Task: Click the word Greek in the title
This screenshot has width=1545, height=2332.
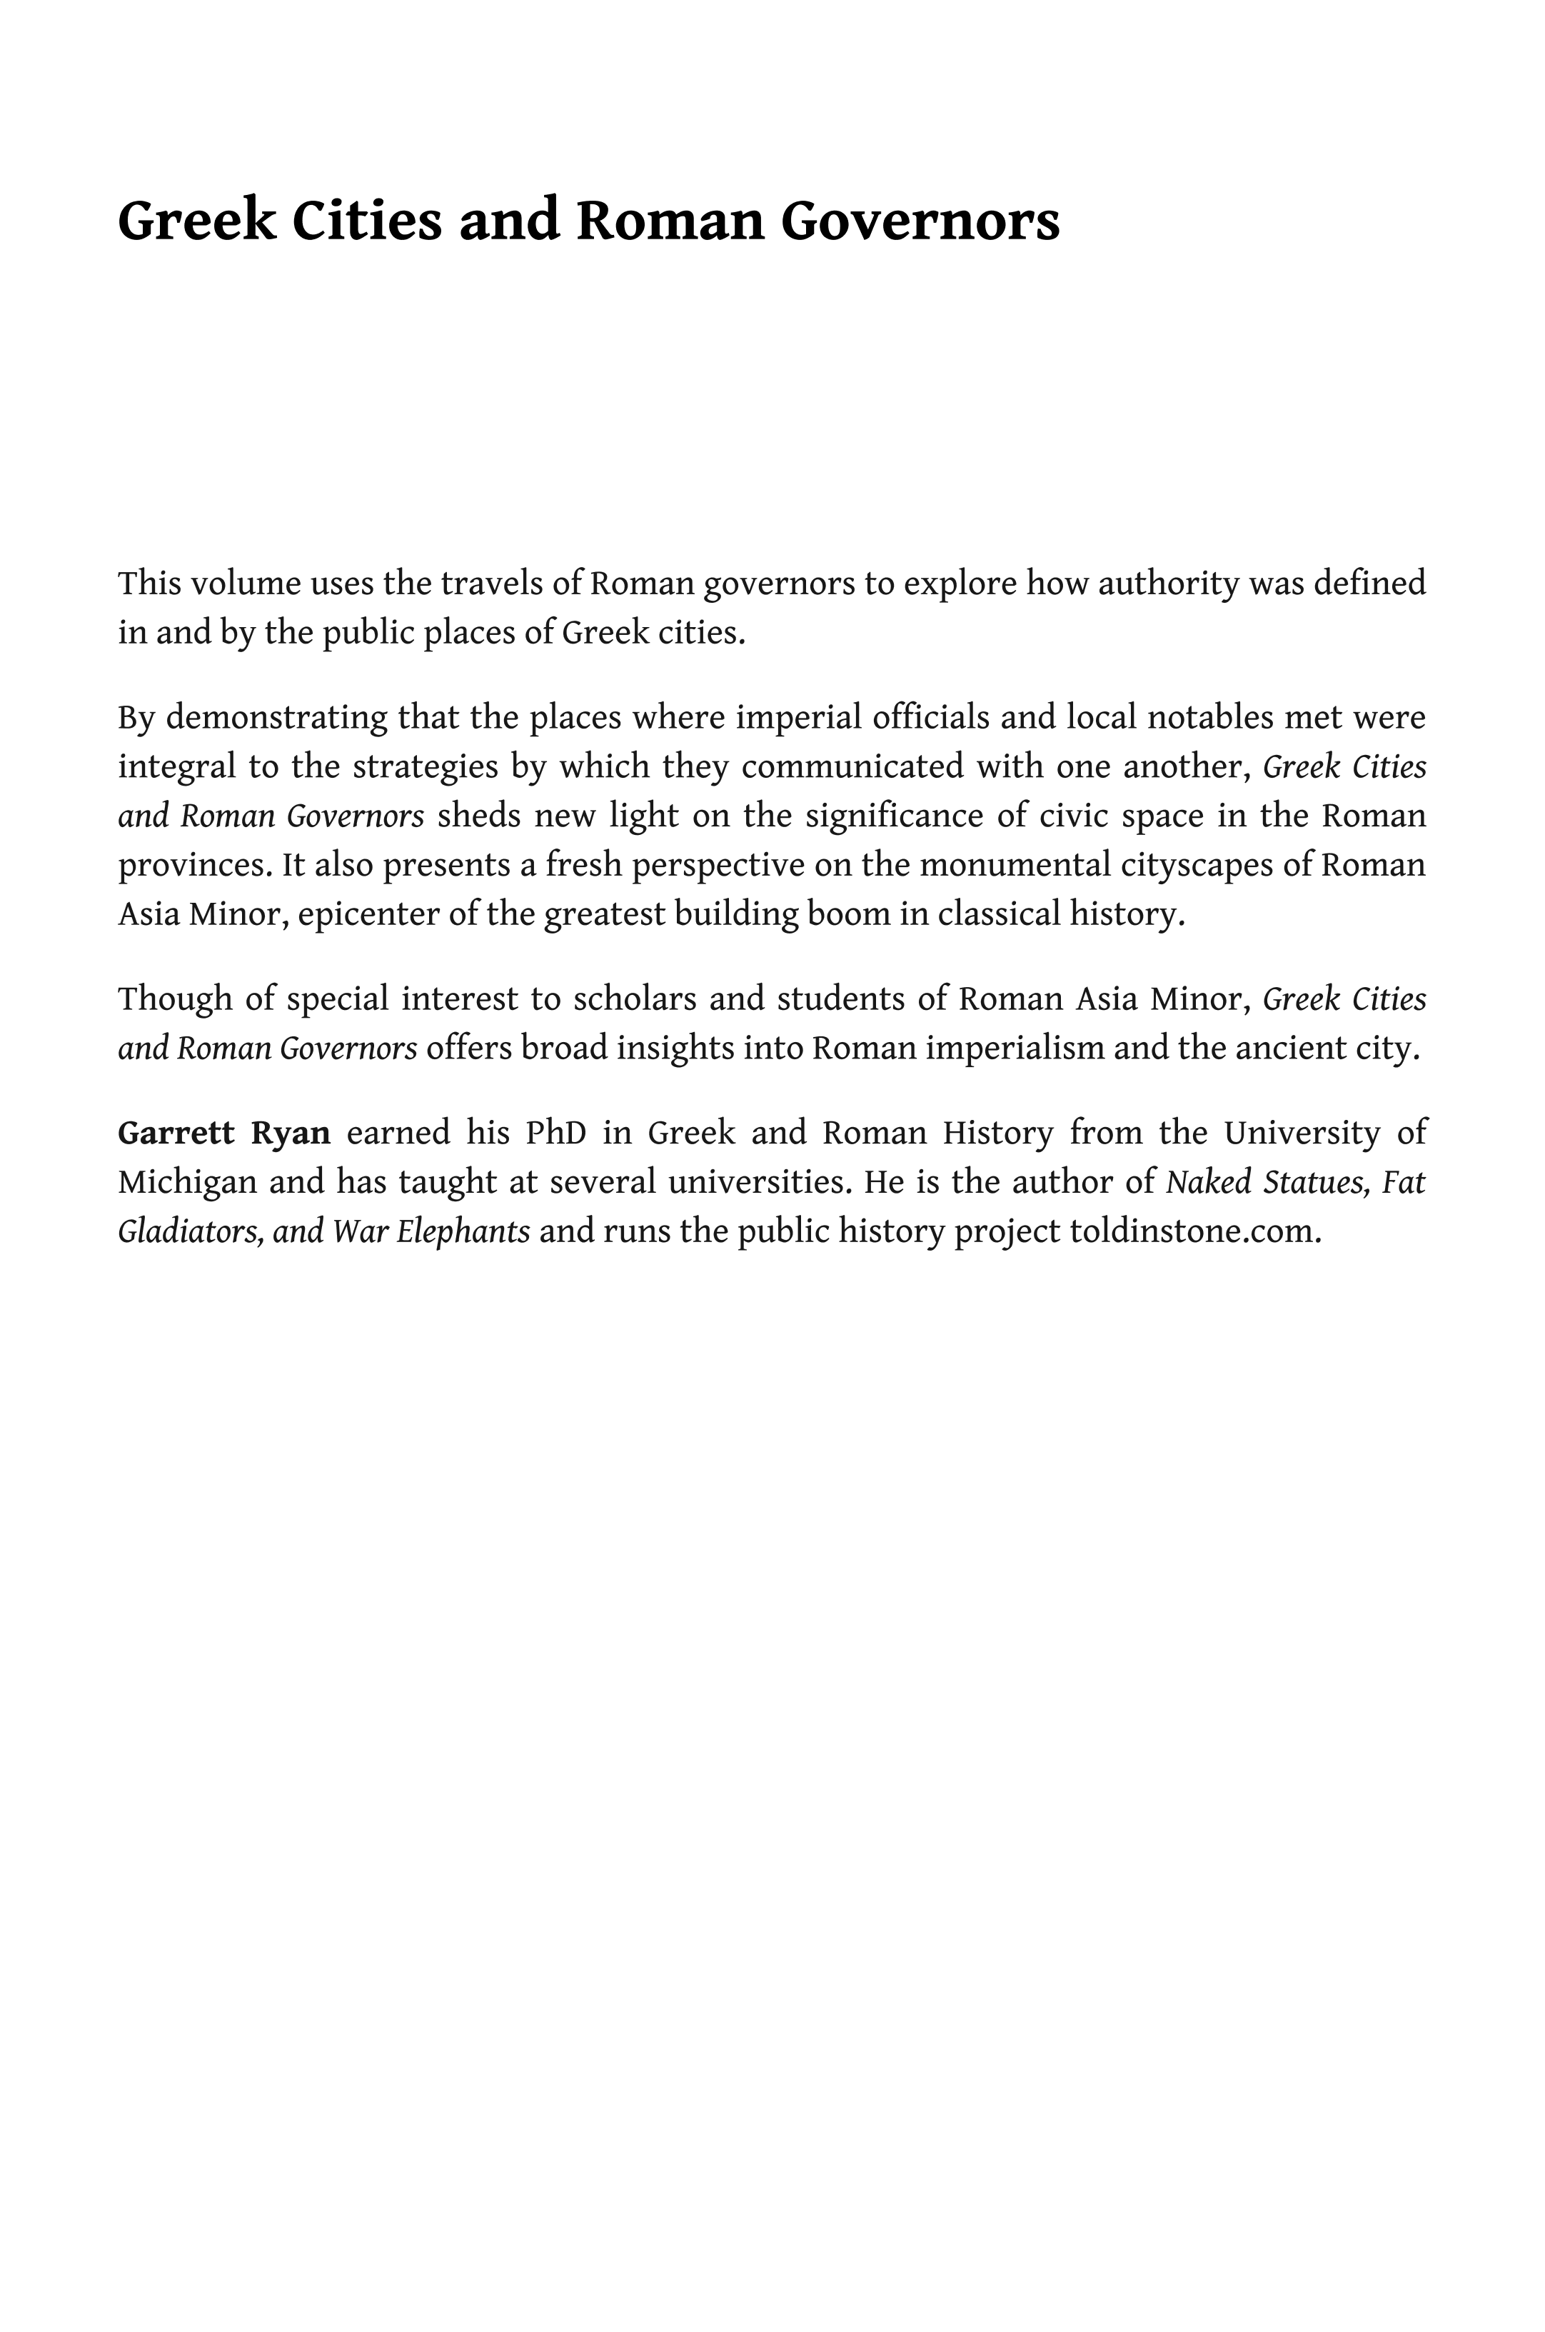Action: [x=196, y=221]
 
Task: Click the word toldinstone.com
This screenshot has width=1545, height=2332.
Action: [x=1194, y=1232]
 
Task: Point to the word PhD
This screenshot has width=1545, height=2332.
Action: [x=555, y=1134]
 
